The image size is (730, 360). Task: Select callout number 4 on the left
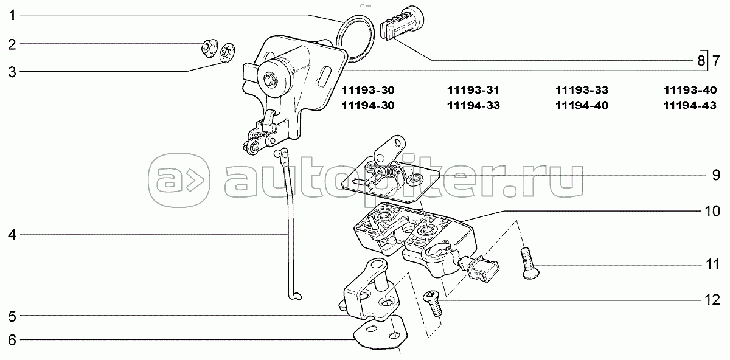(11, 234)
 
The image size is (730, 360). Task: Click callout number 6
(11, 340)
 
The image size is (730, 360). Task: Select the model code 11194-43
(690, 105)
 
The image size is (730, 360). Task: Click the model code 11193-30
(368, 91)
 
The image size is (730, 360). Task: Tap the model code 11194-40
(582, 105)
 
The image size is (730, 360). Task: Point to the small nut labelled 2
(209, 46)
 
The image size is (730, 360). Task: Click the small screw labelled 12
(433, 302)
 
